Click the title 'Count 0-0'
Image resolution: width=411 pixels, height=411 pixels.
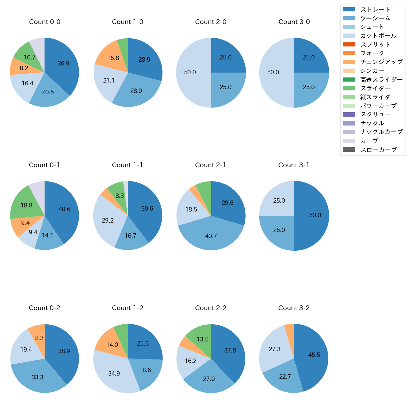(x=45, y=22)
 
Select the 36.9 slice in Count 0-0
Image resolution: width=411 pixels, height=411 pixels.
(x=63, y=63)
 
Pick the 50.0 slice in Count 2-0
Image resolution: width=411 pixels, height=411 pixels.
(x=190, y=72)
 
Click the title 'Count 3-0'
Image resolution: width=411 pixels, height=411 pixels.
(x=294, y=22)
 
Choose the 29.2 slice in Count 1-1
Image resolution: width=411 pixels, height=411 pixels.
(x=108, y=220)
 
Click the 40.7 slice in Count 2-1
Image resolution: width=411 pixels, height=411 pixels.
(x=211, y=236)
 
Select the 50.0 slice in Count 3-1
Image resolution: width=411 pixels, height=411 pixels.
(x=315, y=215)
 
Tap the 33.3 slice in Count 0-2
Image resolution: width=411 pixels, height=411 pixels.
(x=37, y=377)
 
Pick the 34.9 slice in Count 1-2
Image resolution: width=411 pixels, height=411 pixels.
(x=114, y=373)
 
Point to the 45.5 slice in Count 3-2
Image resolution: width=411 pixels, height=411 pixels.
(x=314, y=355)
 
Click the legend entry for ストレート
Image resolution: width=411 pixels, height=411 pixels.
(x=375, y=9)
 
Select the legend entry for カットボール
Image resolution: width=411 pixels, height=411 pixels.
(x=378, y=36)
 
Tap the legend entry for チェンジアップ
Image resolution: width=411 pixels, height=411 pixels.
(x=381, y=62)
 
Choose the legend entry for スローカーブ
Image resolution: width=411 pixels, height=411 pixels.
(x=378, y=150)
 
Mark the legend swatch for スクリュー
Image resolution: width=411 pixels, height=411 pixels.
(x=349, y=114)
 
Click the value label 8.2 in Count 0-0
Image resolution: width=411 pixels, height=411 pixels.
(x=24, y=68)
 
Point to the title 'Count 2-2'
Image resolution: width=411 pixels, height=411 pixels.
(x=211, y=308)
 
